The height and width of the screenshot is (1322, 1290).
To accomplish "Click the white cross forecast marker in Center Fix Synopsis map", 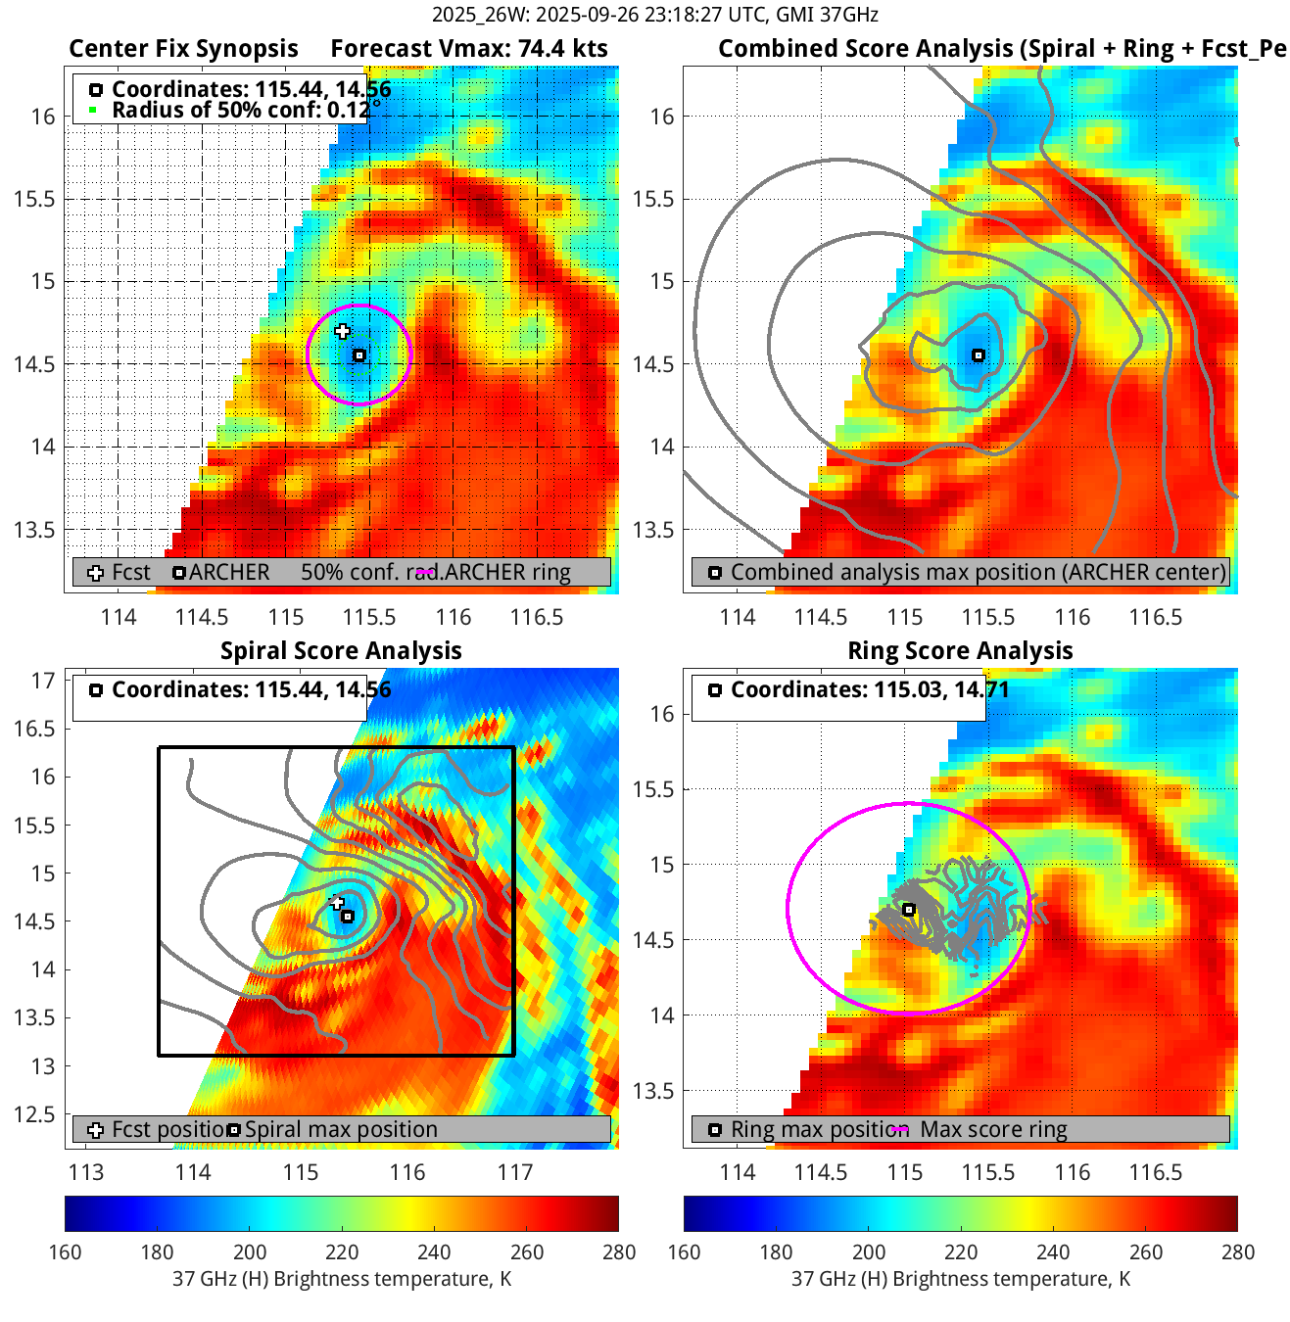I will [342, 331].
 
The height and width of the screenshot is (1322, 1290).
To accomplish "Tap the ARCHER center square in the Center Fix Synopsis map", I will [359, 355].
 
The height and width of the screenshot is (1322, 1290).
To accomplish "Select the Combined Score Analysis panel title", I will [1001, 49].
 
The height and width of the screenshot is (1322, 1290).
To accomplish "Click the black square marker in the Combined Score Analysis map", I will [978, 355].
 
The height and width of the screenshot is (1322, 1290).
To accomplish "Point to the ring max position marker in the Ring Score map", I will [909, 910].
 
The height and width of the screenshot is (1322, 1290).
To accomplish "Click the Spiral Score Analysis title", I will [341, 651].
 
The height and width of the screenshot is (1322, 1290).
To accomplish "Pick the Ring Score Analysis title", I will [960, 651].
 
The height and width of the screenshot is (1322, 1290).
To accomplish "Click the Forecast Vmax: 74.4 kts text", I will [468, 49].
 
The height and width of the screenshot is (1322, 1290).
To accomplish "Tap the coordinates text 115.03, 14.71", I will [941, 689].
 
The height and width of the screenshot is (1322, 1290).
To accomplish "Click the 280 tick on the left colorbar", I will [618, 1251].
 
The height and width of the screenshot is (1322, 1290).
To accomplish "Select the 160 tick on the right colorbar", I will [684, 1251].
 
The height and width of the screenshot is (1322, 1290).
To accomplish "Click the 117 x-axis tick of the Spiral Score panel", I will [515, 1172].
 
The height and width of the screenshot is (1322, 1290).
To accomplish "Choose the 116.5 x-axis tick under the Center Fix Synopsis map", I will [537, 617].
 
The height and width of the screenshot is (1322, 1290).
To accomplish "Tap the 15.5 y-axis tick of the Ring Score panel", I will [653, 789].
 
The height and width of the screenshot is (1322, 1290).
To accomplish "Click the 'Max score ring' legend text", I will [993, 1129].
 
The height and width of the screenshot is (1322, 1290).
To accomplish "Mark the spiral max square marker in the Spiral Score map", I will [348, 917].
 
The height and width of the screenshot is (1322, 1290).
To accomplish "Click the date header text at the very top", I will [654, 15].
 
